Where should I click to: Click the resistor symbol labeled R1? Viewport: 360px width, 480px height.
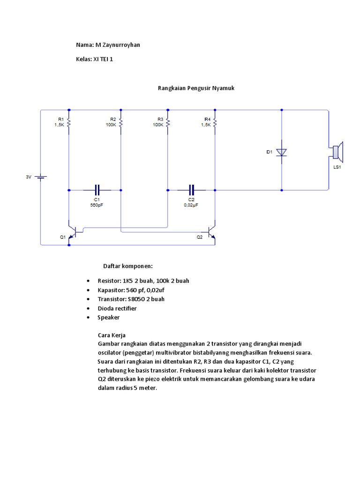(69, 122)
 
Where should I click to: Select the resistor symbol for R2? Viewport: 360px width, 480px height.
(121, 122)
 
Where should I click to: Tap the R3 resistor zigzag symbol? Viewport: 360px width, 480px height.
(168, 122)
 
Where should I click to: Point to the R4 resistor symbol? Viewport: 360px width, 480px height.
(215, 122)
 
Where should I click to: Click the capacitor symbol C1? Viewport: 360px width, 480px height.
(97, 190)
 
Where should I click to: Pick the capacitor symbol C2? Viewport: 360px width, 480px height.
(191, 190)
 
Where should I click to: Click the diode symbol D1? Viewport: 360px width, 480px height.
(282, 152)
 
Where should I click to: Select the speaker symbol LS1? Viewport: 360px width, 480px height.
(338, 152)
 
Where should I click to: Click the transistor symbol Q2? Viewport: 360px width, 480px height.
(212, 232)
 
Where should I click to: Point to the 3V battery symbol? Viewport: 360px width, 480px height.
(40, 177)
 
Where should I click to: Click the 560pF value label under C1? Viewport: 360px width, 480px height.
(97, 205)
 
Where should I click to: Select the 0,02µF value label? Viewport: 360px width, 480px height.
(191, 205)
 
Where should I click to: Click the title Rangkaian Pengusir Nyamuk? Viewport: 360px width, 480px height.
(196, 88)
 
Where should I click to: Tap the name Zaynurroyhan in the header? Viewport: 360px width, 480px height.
(121, 45)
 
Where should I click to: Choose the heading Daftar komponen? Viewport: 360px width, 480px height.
(128, 266)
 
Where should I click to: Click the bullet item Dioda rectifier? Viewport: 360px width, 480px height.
(117, 308)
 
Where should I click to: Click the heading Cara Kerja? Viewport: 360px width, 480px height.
(112, 335)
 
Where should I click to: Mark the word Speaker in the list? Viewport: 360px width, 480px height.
(109, 317)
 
